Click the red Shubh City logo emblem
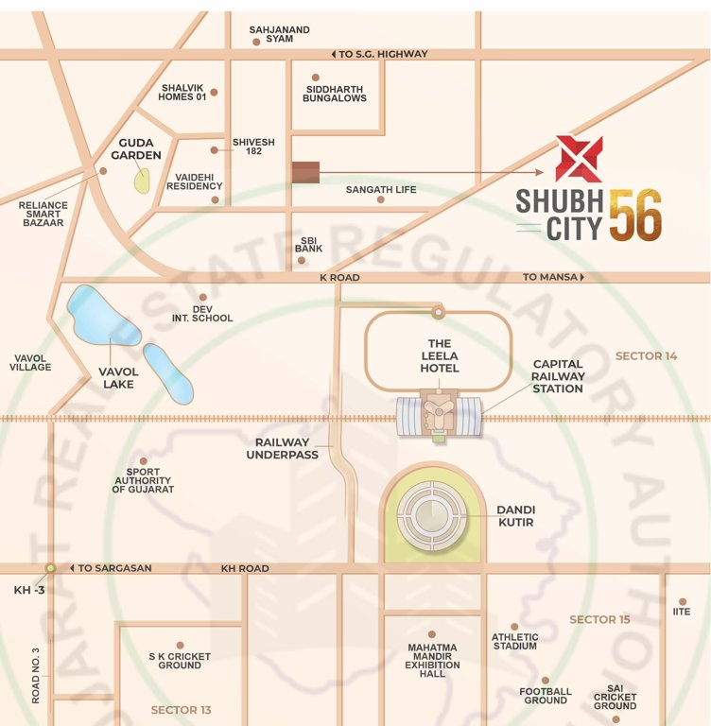pos(578,159)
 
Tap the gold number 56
pos(634,215)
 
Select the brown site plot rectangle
pos(305,172)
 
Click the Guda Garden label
pos(136,148)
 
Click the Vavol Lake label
pos(118,377)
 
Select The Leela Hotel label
pos(440,355)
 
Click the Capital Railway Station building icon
pos(439,417)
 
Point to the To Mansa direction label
pos(554,278)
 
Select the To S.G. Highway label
pos(378,54)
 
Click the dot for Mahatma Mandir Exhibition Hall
pos(432,634)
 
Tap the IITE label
pos(682,612)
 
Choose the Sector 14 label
pos(647,355)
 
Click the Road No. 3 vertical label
pos(36,675)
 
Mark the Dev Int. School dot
pos(202,297)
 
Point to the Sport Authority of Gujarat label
pos(143,481)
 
